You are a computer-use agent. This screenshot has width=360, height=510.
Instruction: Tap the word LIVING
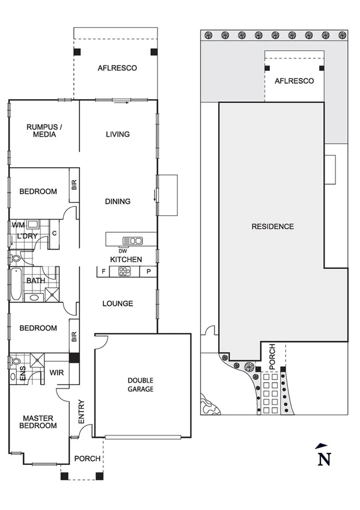tap(117, 134)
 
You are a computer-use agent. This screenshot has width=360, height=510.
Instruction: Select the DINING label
tap(118, 201)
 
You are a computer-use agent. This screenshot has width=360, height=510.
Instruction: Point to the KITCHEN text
tap(126, 259)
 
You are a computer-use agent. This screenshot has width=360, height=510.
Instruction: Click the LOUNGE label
tap(118, 304)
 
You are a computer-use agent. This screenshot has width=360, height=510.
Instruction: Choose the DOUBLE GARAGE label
tap(141, 385)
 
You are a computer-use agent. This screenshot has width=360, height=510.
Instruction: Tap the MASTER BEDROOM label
tap(40, 422)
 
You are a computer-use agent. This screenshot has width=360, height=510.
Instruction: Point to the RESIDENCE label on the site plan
tap(273, 227)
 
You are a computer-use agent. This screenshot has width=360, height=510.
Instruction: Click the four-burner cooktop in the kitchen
tap(124, 271)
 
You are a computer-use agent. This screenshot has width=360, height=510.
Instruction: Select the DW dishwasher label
tap(123, 250)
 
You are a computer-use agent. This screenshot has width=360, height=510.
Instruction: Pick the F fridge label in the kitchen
tap(103, 272)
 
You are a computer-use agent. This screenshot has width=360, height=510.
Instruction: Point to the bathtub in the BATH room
tap(14, 284)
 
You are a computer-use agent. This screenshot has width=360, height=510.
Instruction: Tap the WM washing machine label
tap(18, 225)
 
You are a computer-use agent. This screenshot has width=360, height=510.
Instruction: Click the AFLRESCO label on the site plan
tap(294, 81)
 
